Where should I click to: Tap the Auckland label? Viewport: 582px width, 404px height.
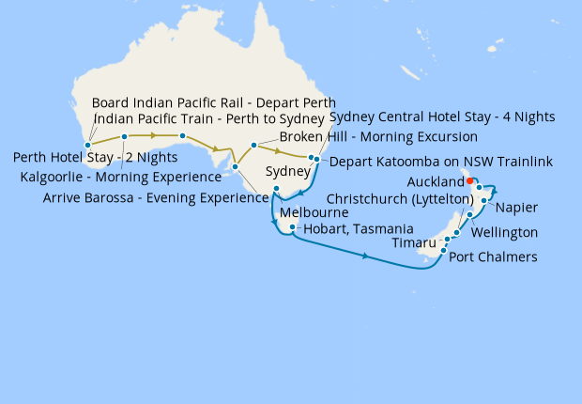(x=436, y=181)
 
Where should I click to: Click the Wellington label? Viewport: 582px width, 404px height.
(x=504, y=232)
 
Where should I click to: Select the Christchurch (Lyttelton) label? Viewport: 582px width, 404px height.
(x=400, y=199)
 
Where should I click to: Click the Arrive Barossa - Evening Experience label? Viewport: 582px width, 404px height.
(x=155, y=198)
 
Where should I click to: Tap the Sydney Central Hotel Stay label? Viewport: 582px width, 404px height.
(x=442, y=117)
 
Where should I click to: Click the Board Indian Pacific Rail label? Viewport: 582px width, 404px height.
(x=214, y=102)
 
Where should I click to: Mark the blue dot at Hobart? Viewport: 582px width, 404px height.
(x=294, y=227)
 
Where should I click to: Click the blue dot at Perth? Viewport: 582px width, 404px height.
(x=87, y=145)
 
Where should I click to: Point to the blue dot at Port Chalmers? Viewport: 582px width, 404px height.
(x=443, y=250)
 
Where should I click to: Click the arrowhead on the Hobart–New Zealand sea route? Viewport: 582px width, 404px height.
(x=364, y=254)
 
